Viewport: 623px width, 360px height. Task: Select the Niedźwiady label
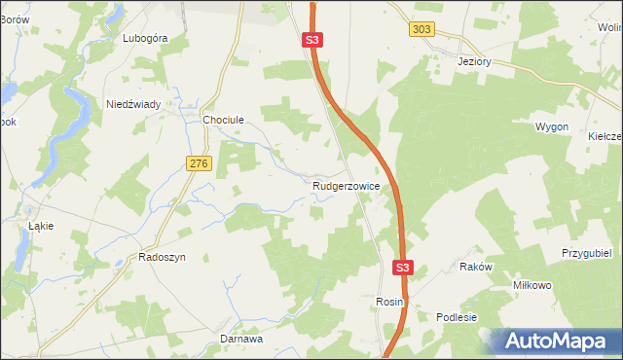(133, 104)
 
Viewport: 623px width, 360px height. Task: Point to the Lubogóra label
(145, 38)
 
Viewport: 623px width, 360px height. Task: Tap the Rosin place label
(389, 303)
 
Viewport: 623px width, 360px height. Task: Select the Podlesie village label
(457, 317)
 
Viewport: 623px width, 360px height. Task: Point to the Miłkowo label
(532, 285)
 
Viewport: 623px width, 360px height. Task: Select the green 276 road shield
(199, 164)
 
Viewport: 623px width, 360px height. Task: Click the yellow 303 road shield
(421, 30)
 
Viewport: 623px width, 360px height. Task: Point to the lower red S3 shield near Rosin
(404, 267)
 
